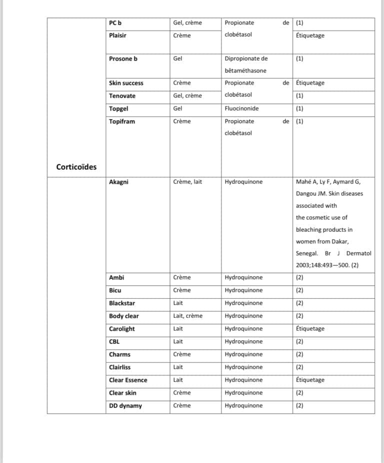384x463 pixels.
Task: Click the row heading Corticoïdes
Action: pos(76,167)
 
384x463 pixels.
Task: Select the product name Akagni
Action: pos(118,182)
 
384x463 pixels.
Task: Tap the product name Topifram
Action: pos(122,121)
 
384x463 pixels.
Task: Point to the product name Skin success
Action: pos(126,83)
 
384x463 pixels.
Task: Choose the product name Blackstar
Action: pos(122,303)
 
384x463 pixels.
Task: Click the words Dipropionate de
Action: pos(246,59)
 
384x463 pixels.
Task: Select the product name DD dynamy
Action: pos(125,406)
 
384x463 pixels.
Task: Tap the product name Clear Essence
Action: pos(128,380)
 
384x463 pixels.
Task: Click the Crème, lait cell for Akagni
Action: pos(187,182)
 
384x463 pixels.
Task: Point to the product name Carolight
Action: pos(122,329)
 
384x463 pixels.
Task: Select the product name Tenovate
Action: pos(122,96)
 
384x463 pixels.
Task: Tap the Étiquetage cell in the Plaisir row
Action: pos(310,36)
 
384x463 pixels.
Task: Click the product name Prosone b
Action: pos(123,59)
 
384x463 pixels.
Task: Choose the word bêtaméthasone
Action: pos(245,71)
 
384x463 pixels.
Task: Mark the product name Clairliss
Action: pos(120,367)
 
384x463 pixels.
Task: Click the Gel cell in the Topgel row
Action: pos(177,108)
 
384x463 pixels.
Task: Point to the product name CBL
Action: pos(114,342)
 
